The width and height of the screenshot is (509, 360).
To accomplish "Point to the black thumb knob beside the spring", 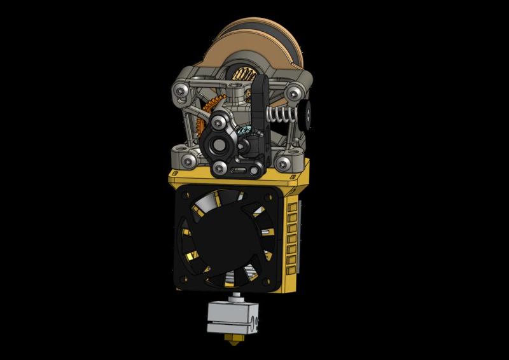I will [x=307, y=115].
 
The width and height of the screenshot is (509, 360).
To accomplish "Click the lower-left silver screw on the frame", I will [x=185, y=160].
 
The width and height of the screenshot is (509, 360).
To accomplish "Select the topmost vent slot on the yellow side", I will [x=293, y=207].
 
